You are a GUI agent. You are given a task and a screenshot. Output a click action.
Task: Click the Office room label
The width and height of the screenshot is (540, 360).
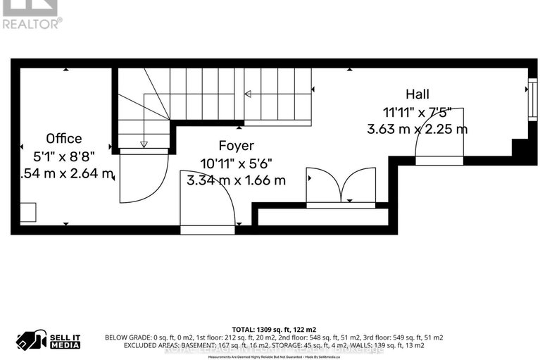pos(64,139)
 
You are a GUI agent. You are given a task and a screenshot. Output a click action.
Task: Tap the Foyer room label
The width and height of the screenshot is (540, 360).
pos(236,146)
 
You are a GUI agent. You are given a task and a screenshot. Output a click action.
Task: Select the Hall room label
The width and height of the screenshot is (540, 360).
pos(417,94)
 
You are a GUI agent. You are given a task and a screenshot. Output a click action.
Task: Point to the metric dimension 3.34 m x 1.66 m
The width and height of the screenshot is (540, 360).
pos(236,180)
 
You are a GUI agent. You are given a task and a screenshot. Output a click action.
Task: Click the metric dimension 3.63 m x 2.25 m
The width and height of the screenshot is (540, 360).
pos(417,129)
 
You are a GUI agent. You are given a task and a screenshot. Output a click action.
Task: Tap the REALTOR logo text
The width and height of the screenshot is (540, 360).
pos(32,23)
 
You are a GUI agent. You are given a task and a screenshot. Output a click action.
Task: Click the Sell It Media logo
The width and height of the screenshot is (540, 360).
pos(49,340)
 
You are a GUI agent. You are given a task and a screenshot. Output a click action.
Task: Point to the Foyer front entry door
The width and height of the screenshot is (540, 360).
pos(208,201)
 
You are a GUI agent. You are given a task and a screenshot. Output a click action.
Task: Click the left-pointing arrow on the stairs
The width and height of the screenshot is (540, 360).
pos(248,94)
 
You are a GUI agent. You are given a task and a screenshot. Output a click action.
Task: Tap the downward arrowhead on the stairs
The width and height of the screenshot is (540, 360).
pos(144,144)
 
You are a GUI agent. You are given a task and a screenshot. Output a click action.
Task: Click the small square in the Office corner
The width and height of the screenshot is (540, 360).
pos(27,213)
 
